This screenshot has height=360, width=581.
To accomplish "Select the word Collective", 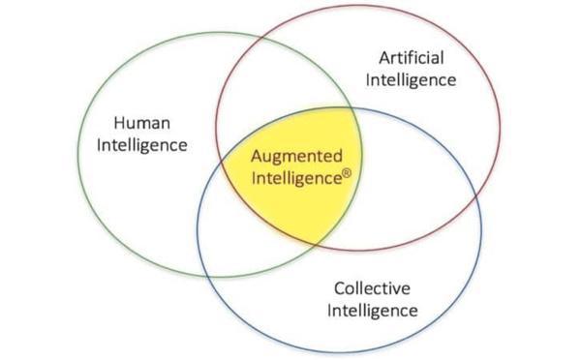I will (372, 288).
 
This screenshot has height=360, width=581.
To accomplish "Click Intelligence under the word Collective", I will (372, 311).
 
